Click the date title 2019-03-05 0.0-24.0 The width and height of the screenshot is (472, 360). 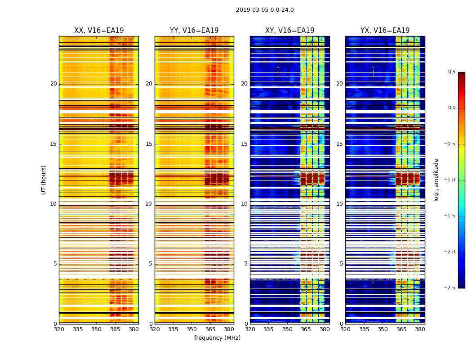(265, 10)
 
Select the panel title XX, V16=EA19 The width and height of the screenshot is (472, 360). (99, 31)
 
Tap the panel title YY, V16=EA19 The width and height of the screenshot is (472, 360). (194, 31)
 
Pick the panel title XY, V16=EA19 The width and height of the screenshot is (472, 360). (289, 31)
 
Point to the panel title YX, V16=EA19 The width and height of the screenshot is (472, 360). (385, 31)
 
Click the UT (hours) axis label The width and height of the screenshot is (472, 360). (44, 180)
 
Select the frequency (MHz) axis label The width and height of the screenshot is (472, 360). (217, 338)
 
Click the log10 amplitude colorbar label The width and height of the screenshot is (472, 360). (436, 180)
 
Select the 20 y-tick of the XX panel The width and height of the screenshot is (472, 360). (53, 84)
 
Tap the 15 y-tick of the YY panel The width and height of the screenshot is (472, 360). (149, 144)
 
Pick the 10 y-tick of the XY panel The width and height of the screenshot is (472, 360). (244, 204)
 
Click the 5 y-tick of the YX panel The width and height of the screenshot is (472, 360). (341, 264)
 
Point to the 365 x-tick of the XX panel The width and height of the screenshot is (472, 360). (115, 329)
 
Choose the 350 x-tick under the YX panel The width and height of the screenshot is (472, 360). (383, 329)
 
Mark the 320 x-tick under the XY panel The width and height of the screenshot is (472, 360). (250, 329)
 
